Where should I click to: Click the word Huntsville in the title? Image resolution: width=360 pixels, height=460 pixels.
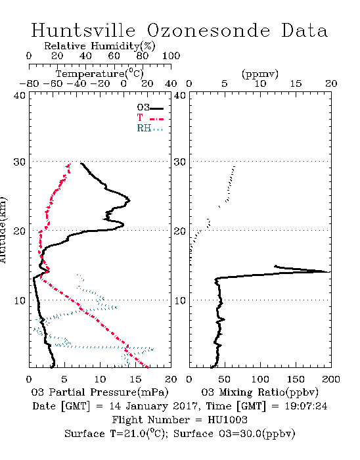point(83,30)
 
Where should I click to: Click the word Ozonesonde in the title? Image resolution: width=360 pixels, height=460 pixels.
point(208,30)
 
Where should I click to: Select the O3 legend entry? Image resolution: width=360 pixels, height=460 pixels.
point(150,108)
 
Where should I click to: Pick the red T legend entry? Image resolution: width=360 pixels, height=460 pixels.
point(150,118)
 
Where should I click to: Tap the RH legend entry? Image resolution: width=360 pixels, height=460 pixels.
point(150,128)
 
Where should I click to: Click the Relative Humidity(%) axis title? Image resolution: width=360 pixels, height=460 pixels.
point(100,46)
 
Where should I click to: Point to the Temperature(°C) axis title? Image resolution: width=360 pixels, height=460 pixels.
point(100,74)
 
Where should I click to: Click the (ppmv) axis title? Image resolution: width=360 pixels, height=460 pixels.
point(260,74)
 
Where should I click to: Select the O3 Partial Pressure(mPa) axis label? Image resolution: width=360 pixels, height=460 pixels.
point(100,392)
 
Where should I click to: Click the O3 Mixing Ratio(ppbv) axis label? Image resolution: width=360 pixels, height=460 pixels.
point(259,392)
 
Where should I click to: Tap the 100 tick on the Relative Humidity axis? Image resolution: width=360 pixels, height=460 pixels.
point(171,56)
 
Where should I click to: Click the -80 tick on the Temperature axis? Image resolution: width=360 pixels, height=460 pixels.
point(29,83)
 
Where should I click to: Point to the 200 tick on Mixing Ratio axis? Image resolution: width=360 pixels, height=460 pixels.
point(331,379)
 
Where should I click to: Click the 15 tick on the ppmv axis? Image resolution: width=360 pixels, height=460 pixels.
point(296,83)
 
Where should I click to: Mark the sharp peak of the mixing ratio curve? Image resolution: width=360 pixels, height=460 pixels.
point(330,272)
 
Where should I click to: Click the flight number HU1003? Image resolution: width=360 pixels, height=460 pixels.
point(227,420)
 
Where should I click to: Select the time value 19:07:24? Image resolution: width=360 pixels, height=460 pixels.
point(306,406)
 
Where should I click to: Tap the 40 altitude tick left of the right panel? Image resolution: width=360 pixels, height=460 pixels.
point(180,96)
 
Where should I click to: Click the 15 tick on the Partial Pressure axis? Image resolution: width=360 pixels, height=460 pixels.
point(135,379)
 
